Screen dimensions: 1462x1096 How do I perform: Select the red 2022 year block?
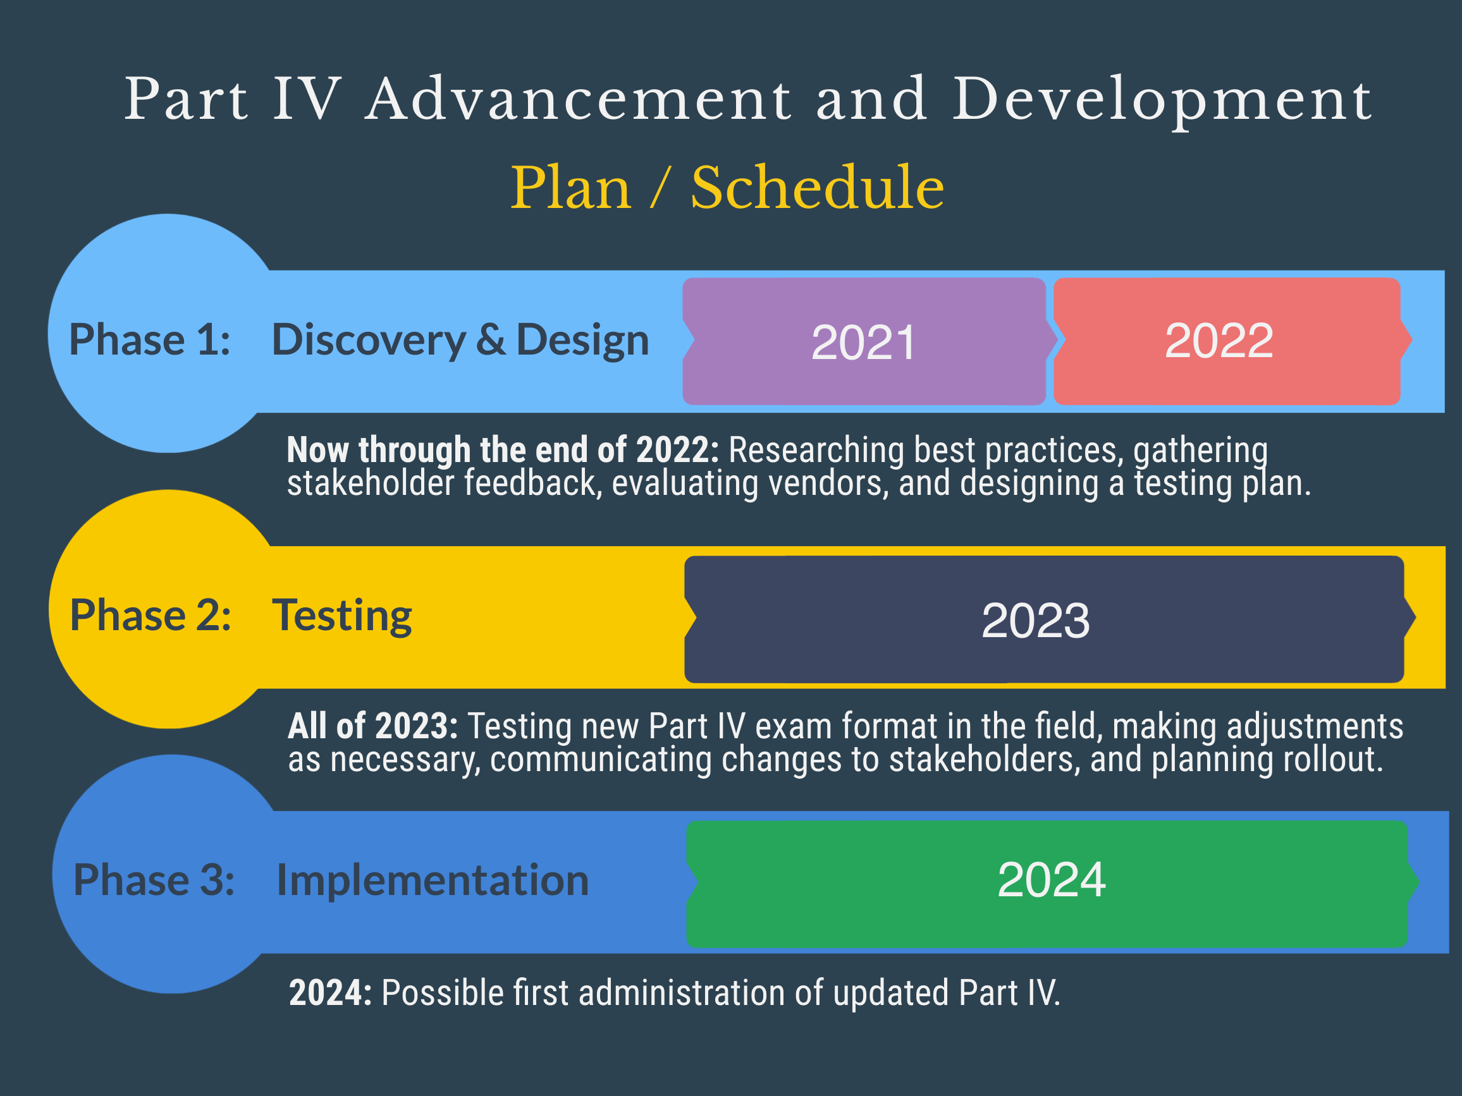pyautogui.click(x=1231, y=341)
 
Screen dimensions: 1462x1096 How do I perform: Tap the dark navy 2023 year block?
pyautogui.click(x=1048, y=619)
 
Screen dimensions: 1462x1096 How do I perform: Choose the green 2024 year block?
pyautogui.click(x=1051, y=884)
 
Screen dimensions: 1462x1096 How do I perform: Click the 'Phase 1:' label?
pyautogui.click(x=150, y=340)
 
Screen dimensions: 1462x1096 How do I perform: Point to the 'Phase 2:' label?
pyautogui.click(x=150, y=616)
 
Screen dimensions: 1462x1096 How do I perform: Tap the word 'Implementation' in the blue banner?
pyautogui.click(x=433, y=881)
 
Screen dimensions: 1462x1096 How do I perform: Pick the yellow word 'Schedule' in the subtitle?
pyautogui.click(x=818, y=188)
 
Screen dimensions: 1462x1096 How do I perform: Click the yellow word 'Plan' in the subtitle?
pyautogui.click(x=571, y=188)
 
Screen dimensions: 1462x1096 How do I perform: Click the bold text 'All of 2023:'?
pyautogui.click(x=372, y=726)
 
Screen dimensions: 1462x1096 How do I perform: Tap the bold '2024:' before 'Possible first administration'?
pyautogui.click(x=331, y=993)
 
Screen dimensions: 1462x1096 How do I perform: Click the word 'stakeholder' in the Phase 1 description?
pyautogui.click(x=371, y=483)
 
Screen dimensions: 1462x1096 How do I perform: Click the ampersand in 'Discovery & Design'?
pyautogui.click(x=491, y=340)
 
